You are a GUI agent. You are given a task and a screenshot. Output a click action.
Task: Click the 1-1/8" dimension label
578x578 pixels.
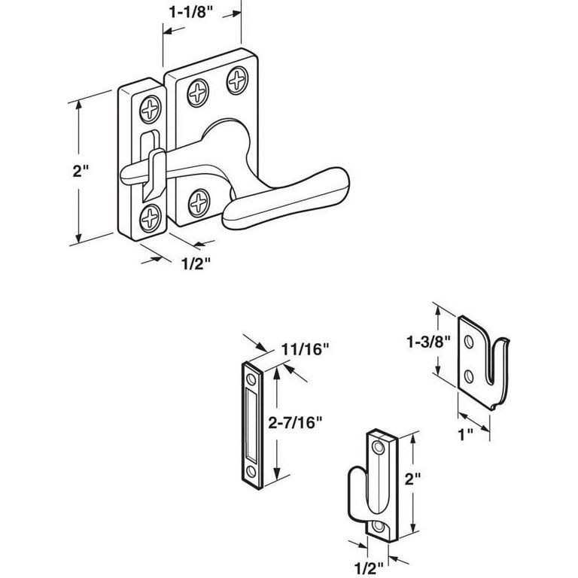(188, 13)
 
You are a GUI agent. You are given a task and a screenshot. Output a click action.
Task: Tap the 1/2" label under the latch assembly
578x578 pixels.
(195, 263)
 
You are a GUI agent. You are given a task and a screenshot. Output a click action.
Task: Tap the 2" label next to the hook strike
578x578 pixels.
(429, 477)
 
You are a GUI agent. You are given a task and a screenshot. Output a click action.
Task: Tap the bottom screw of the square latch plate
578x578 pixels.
(199, 202)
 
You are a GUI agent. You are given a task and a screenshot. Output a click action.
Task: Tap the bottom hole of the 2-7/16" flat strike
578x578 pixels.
(251, 472)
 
